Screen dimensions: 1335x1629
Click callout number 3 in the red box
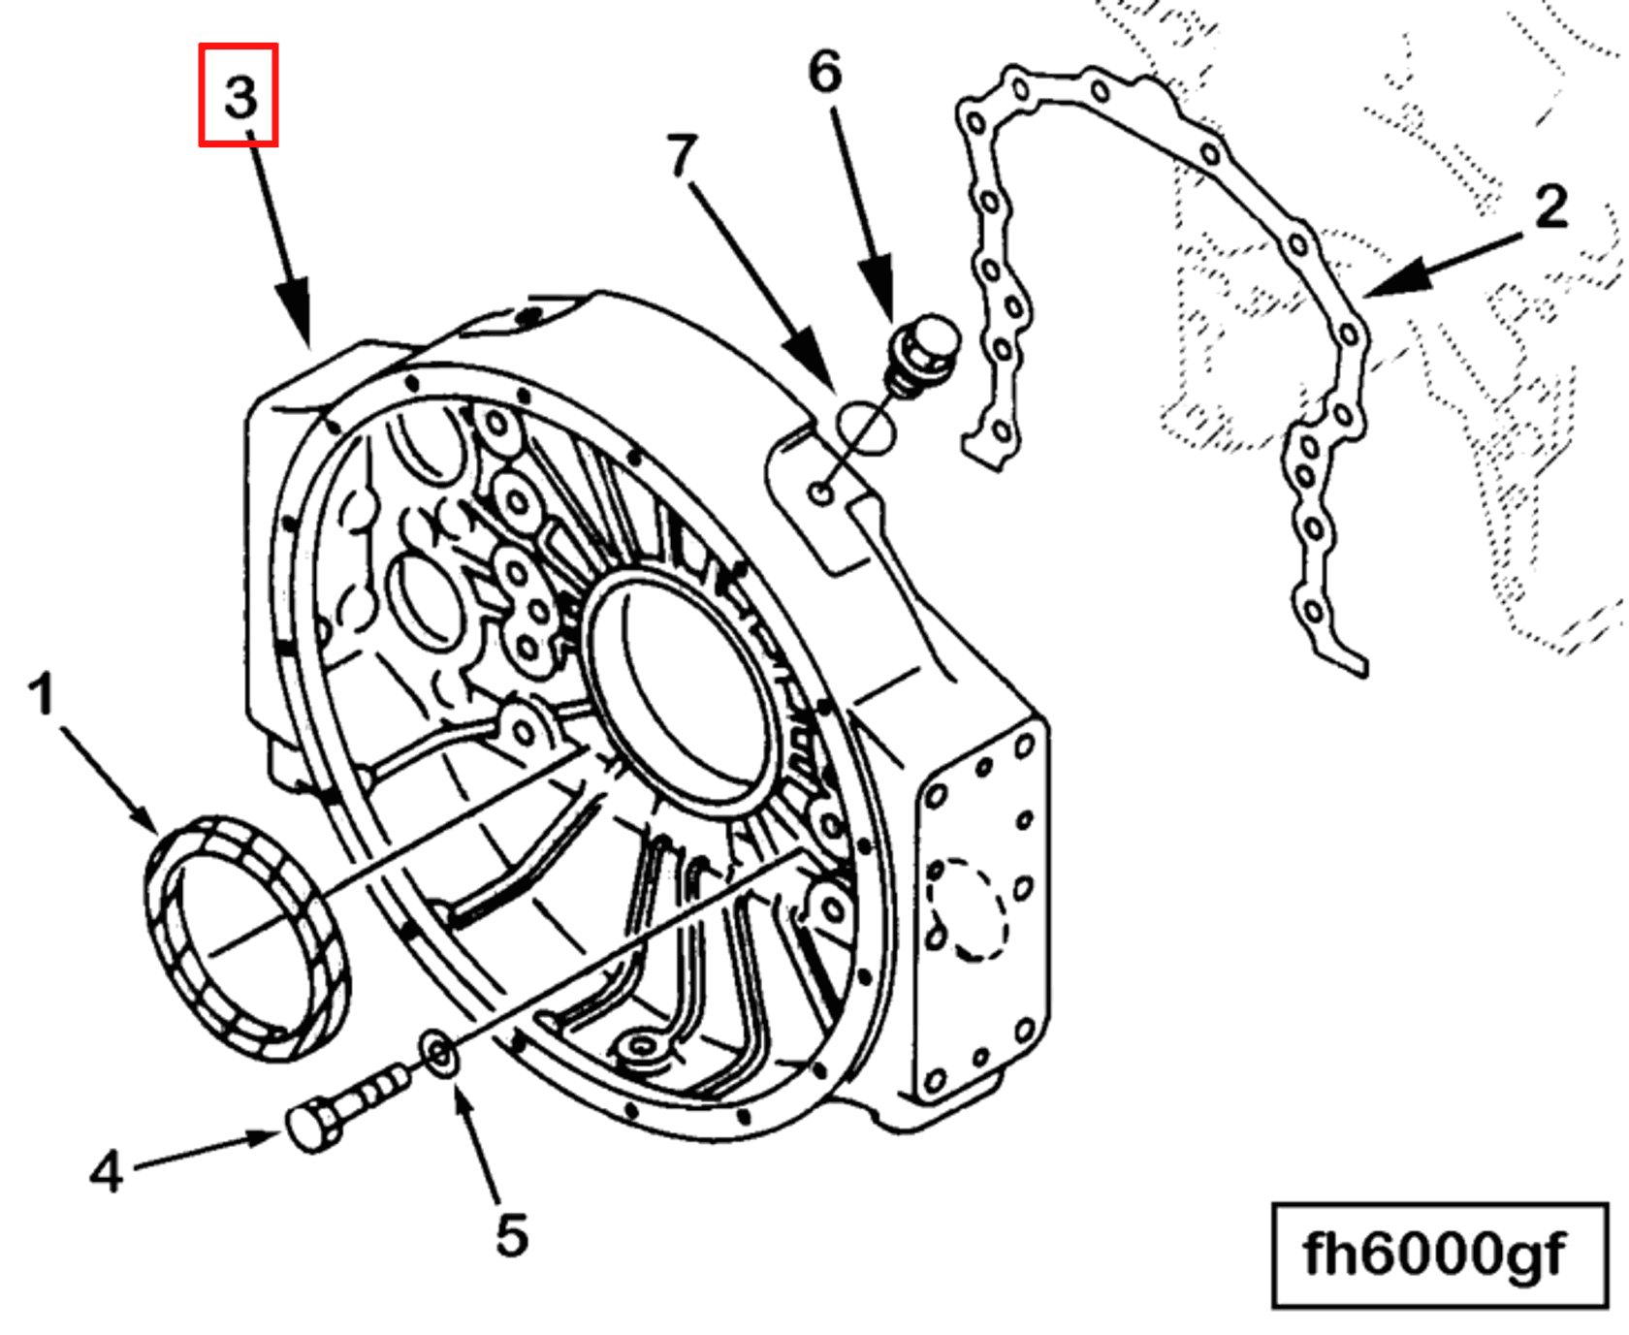[239, 96]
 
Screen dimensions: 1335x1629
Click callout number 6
[825, 72]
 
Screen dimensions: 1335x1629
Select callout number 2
[1551, 206]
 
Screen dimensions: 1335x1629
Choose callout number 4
[107, 1170]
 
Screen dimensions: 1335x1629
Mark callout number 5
[512, 1234]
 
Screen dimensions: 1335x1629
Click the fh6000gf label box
[1439, 1255]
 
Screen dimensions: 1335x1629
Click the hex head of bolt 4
[313, 1127]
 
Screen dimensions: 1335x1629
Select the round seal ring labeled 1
[247, 937]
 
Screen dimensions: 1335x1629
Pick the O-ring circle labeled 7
[866, 428]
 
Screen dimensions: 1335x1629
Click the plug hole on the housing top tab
[821, 493]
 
